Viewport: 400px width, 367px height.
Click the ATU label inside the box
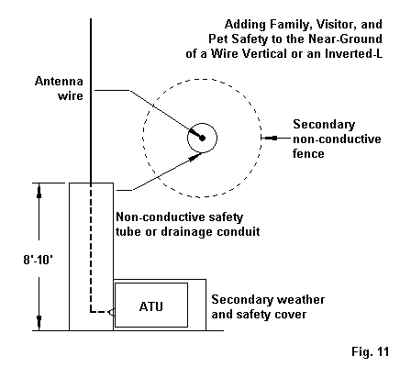[x=151, y=306]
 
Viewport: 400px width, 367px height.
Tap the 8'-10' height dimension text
[x=39, y=260]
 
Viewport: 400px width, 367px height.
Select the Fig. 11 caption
[x=371, y=351]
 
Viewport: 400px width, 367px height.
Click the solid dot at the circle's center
[x=202, y=139]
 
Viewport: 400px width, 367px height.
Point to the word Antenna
[x=59, y=82]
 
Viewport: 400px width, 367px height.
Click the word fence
[x=308, y=153]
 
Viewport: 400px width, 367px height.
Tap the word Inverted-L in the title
[x=353, y=53]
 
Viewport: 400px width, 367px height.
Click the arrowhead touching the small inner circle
[x=195, y=157]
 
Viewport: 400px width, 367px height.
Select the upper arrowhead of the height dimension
[x=39, y=191]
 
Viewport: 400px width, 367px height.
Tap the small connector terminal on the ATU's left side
[x=112, y=312]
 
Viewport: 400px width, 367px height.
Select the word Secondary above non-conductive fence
[x=324, y=125]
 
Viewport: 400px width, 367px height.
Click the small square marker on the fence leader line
[x=274, y=139]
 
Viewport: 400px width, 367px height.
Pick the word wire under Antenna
[x=71, y=96]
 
